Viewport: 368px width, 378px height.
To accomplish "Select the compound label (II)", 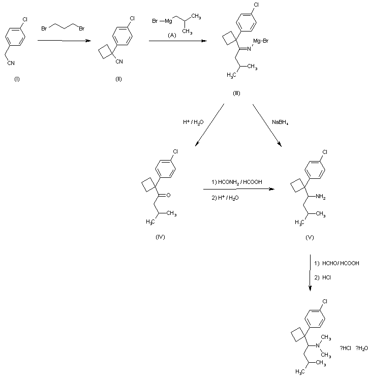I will tap(118, 79).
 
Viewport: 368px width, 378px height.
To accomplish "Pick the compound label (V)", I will tap(310, 237).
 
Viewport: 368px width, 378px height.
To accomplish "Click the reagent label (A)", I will tap(172, 35).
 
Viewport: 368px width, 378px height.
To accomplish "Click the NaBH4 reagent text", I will tap(280, 122).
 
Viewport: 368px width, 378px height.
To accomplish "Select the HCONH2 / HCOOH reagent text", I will tap(237, 181).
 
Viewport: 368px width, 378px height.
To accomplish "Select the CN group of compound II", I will tap(119, 62).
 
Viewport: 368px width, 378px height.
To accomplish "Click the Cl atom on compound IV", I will tap(176, 151).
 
